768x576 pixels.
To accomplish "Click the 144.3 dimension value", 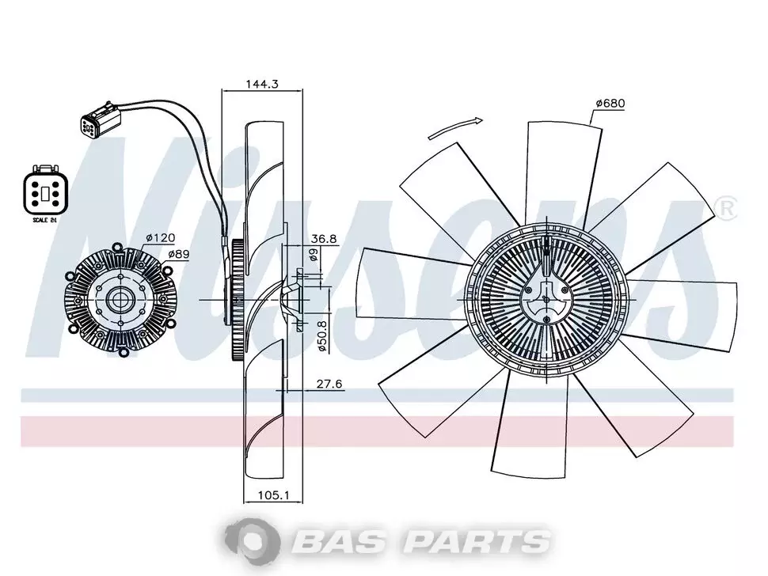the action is pyautogui.click(x=262, y=84).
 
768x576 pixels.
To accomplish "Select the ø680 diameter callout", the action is pyautogui.click(x=610, y=104).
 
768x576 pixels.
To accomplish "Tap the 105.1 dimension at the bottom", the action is pyautogui.click(x=274, y=496).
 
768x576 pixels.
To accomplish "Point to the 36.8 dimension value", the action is pyautogui.click(x=325, y=239).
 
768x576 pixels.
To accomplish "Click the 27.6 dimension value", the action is pyautogui.click(x=329, y=385).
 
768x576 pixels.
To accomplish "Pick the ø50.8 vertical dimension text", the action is pyautogui.click(x=321, y=335).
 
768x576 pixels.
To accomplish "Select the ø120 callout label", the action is pyautogui.click(x=161, y=238).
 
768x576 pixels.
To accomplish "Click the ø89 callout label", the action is pyautogui.click(x=179, y=254).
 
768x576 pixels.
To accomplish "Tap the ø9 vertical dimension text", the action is pyautogui.click(x=314, y=255).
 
